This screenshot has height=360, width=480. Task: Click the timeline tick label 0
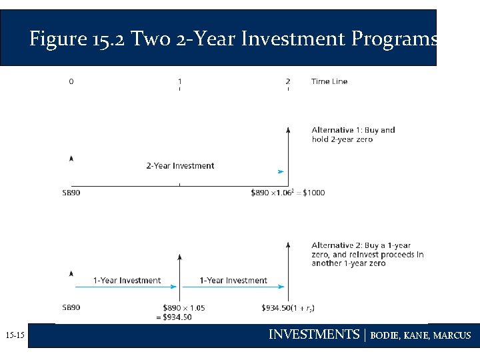(71, 81)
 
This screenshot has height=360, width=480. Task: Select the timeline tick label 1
(179, 81)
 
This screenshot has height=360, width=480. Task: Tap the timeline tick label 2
(288, 81)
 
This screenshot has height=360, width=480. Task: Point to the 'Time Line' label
(329, 81)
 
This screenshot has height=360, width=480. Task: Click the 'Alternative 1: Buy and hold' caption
(353, 135)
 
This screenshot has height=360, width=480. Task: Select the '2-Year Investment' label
(180, 166)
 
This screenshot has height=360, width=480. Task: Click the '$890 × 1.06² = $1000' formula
(288, 193)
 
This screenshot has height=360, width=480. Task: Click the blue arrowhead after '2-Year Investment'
(281, 172)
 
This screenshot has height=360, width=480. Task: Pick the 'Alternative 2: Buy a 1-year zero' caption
(367, 254)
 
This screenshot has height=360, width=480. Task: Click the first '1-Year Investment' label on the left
(127, 281)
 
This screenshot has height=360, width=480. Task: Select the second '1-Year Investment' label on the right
(233, 281)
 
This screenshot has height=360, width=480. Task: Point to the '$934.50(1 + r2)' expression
(289, 308)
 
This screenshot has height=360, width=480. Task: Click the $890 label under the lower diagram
(71, 308)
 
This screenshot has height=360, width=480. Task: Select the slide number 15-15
(14, 335)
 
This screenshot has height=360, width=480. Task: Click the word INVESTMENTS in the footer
(313, 335)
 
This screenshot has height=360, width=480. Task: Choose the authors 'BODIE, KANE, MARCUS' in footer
(420, 335)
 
